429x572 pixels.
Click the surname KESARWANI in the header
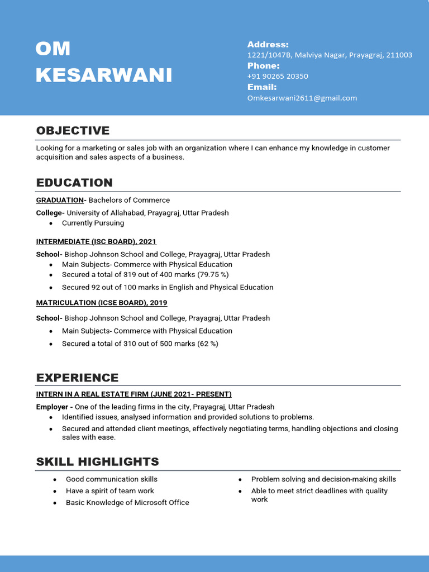104,75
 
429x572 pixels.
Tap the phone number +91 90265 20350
278,76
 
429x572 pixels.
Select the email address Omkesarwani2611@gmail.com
302,98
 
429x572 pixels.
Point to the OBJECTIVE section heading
73,131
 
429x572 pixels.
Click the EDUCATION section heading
74,183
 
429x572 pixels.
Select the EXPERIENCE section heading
77,378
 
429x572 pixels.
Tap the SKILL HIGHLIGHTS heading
97,462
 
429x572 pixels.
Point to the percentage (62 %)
208,344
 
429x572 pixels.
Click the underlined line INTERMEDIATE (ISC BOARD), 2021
96,241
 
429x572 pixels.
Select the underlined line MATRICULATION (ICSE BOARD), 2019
102,302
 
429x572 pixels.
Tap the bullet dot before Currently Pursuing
51,223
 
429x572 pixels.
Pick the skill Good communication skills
111,479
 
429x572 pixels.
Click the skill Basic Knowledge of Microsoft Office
127,503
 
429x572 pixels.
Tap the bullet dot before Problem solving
240,480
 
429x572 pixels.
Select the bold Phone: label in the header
263,66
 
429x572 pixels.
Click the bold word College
49,213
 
